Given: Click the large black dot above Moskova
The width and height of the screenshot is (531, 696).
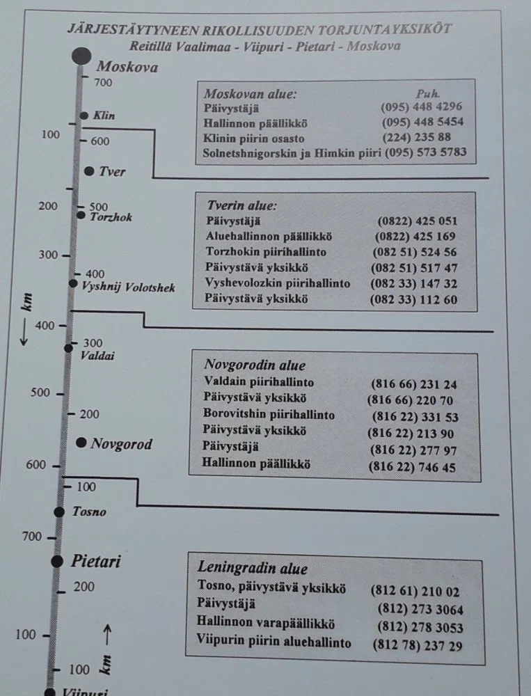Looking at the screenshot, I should (x=81, y=55).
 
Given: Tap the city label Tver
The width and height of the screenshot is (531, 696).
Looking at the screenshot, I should (x=112, y=171).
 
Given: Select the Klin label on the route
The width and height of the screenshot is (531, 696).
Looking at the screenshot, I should (x=104, y=116).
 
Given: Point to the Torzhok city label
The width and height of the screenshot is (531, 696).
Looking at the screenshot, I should (x=111, y=217).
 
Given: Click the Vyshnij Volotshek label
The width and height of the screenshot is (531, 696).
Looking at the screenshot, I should (x=129, y=287).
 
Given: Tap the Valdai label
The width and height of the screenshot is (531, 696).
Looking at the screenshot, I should (x=97, y=356).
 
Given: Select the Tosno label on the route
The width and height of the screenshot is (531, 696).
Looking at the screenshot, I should (x=89, y=512).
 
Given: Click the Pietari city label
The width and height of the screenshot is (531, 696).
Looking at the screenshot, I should (x=96, y=561).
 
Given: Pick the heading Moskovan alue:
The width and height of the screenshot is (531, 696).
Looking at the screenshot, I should (x=250, y=93).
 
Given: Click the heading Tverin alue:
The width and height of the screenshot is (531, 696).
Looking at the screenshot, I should (x=241, y=206).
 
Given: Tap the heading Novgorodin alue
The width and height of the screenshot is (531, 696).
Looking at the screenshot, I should (x=255, y=365).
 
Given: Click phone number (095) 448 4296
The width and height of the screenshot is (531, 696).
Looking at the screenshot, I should (x=421, y=107).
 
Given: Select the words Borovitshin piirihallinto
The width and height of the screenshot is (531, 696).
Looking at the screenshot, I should (x=269, y=416).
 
